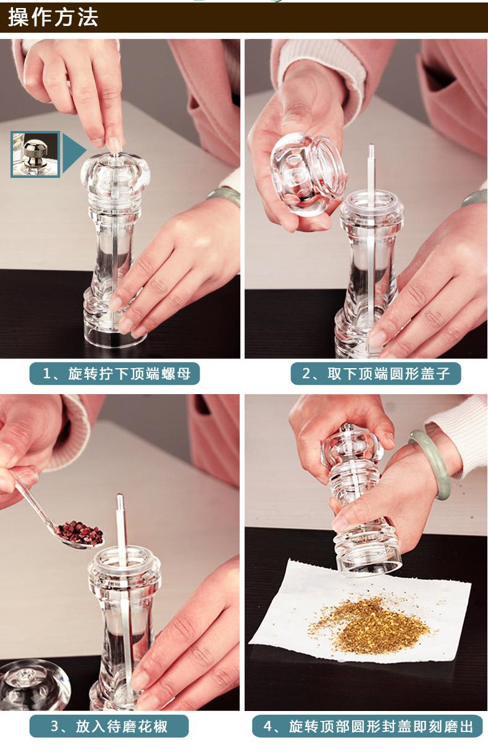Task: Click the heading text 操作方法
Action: [53, 17]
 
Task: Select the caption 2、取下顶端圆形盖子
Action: [376, 374]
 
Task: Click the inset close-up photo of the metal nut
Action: [35, 154]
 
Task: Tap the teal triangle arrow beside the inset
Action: [74, 153]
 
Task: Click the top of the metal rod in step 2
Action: [371, 147]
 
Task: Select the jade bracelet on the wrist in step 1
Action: [224, 196]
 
